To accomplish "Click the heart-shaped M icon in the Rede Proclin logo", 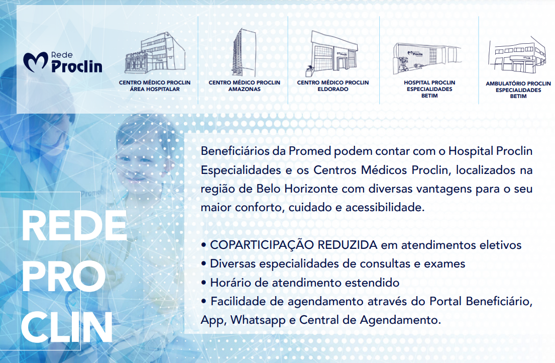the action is [x=35, y=62].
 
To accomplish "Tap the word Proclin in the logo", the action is [x=77, y=66].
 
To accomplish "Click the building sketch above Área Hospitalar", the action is [x=155, y=53].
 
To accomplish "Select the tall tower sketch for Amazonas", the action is [x=244, y=52].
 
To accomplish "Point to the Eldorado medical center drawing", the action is [x=331, y=53].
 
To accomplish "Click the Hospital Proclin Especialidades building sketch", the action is [x=427, y=58].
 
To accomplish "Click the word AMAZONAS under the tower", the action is [x=244, y=89].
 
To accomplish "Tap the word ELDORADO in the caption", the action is [x=332, y=89].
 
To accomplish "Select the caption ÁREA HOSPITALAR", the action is [x=155, y=89].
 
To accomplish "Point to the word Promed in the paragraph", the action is [x=310, y=151].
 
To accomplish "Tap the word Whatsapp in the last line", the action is [x=258, y=320].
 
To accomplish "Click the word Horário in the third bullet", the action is [x=231, y=283].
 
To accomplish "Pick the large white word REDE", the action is [x=74, y=226].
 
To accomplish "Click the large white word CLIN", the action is [x=66, y=328].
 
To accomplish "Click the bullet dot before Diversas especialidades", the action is [x=203, y=264].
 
